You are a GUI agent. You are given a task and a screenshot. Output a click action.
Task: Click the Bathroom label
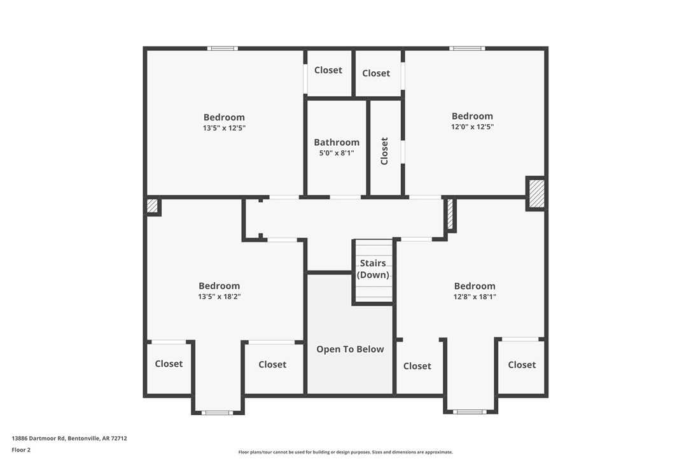pos(337,143)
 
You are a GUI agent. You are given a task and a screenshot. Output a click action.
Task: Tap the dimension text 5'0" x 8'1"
pos(337,153)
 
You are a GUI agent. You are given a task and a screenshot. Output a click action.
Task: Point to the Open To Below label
pos(350,349)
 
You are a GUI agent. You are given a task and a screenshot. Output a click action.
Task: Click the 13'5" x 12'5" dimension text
pos(224,128)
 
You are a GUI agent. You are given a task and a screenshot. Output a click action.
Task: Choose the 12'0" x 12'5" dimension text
pos(472,127)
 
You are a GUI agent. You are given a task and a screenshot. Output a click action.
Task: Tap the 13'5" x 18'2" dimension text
pos(220,296)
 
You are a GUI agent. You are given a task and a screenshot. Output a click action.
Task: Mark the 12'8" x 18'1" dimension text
pos(475,296)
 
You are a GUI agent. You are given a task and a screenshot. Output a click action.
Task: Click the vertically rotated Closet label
pos(384,151)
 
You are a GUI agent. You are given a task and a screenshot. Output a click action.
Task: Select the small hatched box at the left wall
pos(152,206)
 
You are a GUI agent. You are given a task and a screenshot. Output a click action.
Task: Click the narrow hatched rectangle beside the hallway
pos(449,215)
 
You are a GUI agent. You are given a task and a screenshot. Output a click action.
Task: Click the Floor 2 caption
pos(21,450)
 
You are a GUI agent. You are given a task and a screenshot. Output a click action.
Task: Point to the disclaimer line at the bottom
pos(345,452)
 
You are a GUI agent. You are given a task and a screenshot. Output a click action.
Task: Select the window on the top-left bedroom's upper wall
pos(223,48)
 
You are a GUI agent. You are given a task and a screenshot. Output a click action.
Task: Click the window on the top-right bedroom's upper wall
pos(467,48)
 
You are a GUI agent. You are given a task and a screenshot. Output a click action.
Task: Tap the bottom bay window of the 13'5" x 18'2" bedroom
pos(217,413)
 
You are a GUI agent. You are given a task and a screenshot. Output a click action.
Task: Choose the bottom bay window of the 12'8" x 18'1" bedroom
pos(470,412)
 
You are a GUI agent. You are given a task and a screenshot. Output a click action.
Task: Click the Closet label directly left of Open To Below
pos(272,364)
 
